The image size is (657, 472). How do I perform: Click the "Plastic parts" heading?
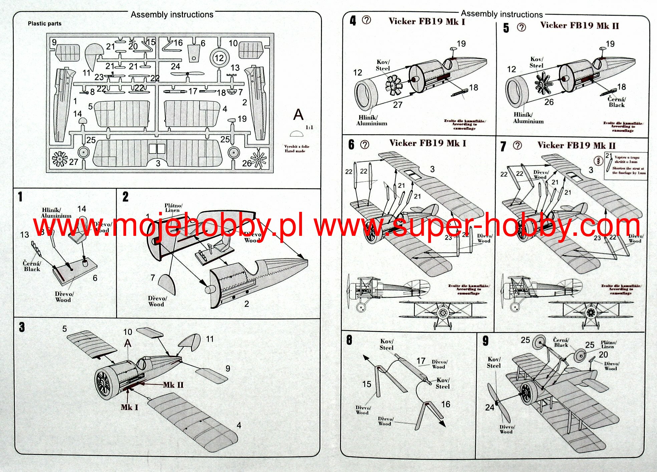pos(44,24)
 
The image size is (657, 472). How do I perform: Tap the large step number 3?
pos(22,327)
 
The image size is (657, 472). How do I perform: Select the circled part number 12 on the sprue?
pos(219,58)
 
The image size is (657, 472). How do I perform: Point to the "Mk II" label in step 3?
pos(173,385)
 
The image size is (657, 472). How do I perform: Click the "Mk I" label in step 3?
pos(129,407)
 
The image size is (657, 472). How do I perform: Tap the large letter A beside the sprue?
pos(298,115)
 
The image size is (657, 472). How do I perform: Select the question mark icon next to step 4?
pos(366,20)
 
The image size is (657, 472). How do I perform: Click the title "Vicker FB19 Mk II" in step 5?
pos(580,26)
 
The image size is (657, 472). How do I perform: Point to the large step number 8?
pos(349,340)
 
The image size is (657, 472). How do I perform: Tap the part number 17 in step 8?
pos(421,361)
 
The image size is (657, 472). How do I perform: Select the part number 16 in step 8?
pos(446,404)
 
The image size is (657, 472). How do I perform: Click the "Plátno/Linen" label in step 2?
pos(173,208)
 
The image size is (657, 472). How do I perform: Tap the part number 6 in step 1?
pos(95,278)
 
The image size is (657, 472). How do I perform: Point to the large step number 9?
pos(485,341)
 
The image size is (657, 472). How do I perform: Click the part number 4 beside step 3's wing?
pos(239,425)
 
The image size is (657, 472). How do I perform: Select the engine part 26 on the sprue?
pos(259,160)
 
